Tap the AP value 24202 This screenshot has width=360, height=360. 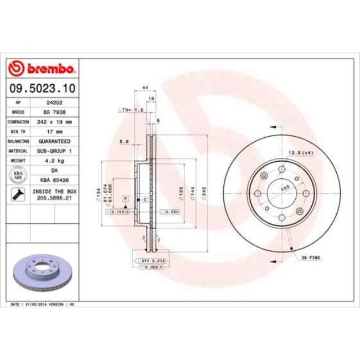pyautogui.click(x=54, y=102)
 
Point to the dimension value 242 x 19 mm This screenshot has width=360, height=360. pyautogui.click(x=54, y=121)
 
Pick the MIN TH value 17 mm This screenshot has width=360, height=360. pyautogui.click(x=54, y=131)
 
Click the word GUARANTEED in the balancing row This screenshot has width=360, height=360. pyautogui.click(x=54, y=141)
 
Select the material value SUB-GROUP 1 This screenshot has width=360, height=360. pyautogui.click(x=54, y=151)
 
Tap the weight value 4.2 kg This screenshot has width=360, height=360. pyautogui.click(x=54, y=161)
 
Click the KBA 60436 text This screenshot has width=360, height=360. pyautogui.click(x=54, y=180)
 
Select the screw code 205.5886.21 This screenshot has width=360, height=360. pyautogui.click(x=54, y=197)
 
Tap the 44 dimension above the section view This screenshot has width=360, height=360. pyautogui.click(x=145, y=88)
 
